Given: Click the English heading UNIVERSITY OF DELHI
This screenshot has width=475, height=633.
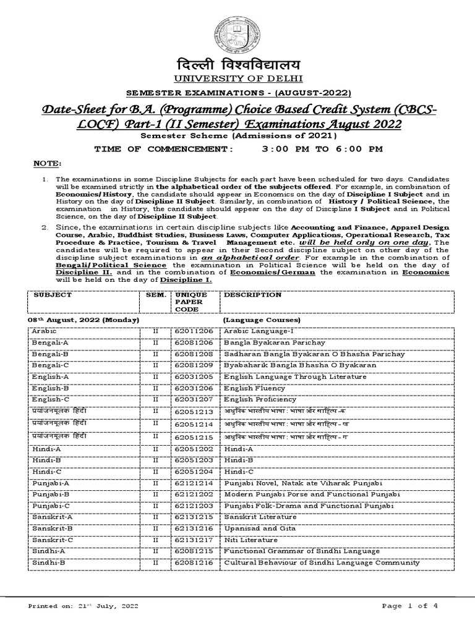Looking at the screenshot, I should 238,79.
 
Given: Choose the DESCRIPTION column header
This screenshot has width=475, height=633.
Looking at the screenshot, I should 252,295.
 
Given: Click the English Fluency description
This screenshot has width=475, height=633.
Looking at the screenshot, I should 255,388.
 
